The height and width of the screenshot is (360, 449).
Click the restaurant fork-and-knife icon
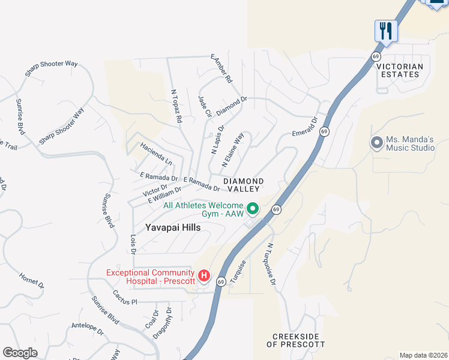[x=386, y=31]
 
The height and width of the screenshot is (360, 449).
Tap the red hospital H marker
[x=204, y=276]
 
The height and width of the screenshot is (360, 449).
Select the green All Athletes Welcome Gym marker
[x=253, y=209]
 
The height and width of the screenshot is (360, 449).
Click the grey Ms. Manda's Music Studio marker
[x=376, y=142]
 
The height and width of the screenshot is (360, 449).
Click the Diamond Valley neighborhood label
[x=243, y=185]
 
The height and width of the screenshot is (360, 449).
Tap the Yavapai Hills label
[x=172, y=228]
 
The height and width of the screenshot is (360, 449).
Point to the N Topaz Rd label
[x=176, y=107]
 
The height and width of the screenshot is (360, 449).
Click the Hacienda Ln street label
[x=156, y=154]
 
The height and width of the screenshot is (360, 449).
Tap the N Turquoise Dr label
[x=271, y=264]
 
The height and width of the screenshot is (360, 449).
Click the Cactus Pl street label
[x=125, y=298]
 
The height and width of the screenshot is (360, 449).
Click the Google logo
[x=20, y=352]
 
